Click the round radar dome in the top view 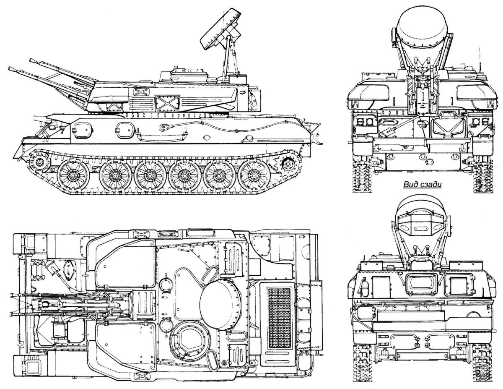pyautogui.click(x=220, y=299)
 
